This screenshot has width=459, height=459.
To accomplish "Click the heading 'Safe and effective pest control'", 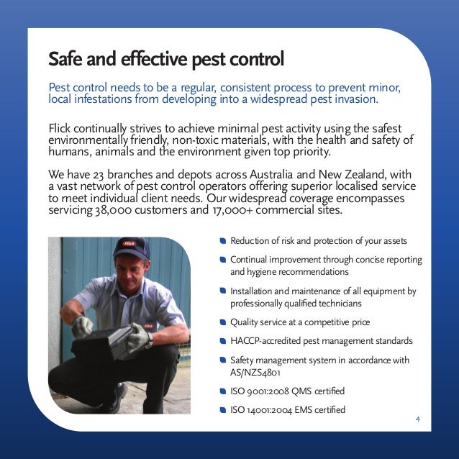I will [165, 57].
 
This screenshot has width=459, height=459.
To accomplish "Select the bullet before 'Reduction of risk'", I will [223, 241].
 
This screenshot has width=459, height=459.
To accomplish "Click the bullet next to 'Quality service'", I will [223, 322].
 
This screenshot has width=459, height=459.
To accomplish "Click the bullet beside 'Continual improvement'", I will [223, 259].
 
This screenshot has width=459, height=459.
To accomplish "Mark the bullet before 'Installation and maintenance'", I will [223, 291].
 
